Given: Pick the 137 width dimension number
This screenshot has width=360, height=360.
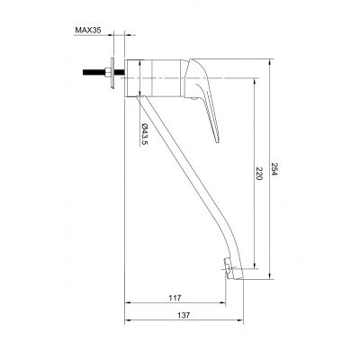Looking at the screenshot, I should click(x=185, y=316).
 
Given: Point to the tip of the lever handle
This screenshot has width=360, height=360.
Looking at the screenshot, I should click(x=218, y=140).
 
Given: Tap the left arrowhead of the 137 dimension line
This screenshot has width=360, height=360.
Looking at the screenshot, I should click(x=126, y=323).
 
